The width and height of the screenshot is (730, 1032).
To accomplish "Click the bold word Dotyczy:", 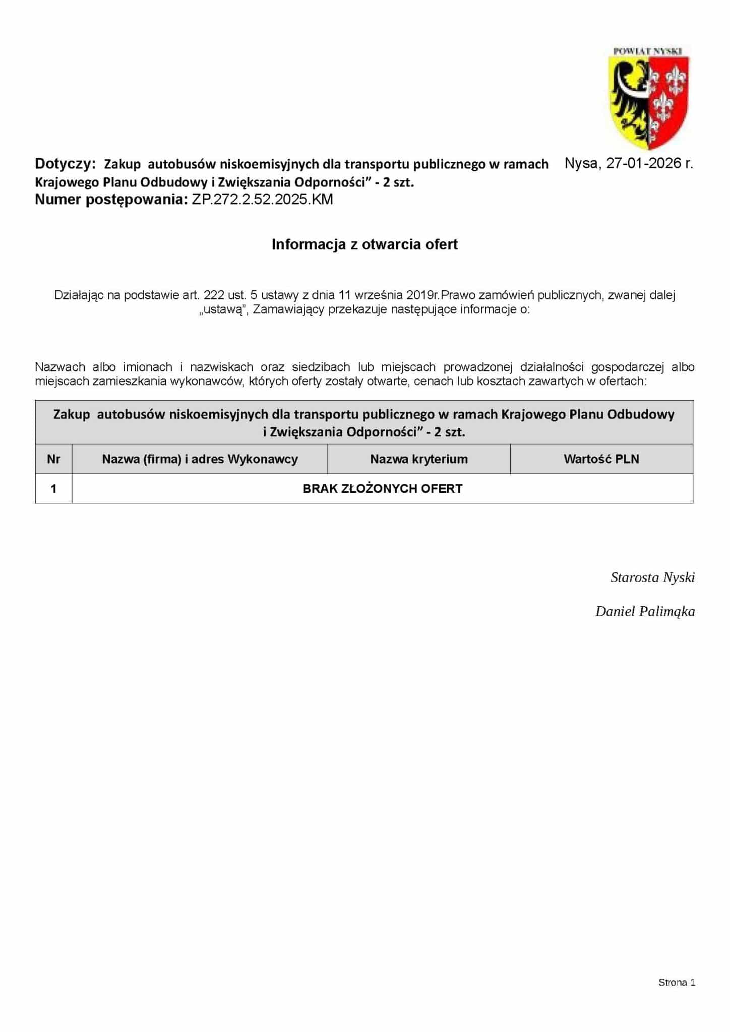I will point(65,163).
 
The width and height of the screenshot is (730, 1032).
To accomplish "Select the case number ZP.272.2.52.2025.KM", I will point(262,200).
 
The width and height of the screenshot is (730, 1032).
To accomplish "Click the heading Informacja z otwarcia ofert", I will point(364,244).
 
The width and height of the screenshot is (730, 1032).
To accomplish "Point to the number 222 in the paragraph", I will point(214,295).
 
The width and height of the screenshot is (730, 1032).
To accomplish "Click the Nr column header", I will point(53,459).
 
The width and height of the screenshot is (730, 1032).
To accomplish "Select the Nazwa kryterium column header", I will point(419,459).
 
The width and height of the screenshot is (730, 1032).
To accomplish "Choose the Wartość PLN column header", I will point(601,459).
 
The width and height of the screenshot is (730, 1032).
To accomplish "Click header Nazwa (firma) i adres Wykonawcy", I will point(200,459).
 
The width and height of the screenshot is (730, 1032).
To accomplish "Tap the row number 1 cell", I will point(53,488).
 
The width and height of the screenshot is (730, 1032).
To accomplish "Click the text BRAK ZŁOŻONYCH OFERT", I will point(382,488).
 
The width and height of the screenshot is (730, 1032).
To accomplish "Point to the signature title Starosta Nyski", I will point(652,577).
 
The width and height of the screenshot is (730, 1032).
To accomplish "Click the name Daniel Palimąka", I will point(645,612).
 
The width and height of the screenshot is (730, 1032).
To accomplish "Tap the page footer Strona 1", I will point(677,982).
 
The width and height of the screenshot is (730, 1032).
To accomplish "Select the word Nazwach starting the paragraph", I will point(60,367).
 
